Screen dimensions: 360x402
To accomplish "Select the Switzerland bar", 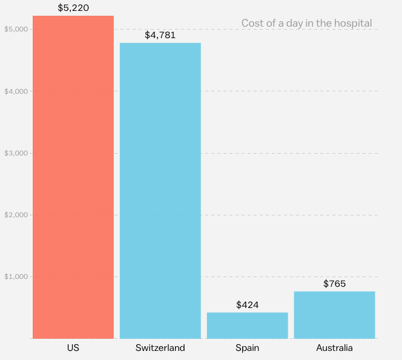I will click(160, 191).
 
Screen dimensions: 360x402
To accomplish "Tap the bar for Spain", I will click(247, 326).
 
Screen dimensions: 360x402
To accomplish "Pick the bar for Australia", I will click(334, 315).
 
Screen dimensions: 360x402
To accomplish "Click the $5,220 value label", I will click(73, 8).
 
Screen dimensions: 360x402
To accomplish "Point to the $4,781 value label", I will click(160, 35).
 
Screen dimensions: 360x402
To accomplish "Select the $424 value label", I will click(247, 304).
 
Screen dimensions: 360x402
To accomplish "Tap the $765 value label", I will click(334, 283).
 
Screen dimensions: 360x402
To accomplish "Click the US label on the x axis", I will click(73, 348).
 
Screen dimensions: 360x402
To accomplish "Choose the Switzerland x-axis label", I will click(160, 348).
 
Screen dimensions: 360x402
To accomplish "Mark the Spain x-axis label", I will click(247, 348).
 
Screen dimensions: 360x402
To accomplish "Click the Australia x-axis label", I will click(334, 348).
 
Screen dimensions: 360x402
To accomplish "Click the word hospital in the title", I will click(354, 23).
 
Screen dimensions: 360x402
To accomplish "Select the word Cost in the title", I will click(252, 23).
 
